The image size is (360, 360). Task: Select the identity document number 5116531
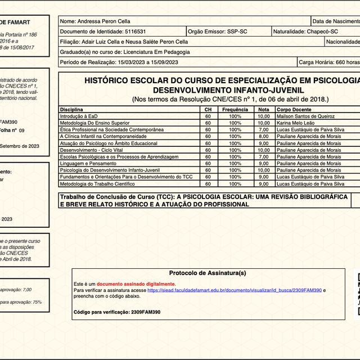(134, 31)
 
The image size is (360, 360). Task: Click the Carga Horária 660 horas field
(329, 62)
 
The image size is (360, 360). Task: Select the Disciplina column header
(71, 109)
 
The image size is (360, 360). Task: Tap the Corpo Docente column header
(294, 109)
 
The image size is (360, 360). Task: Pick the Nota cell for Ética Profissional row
(263, 129)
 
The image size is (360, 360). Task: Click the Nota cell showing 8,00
(263, 136)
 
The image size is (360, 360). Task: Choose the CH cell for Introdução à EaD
(208, 116)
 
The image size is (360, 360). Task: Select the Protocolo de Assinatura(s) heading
(208, 273)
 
